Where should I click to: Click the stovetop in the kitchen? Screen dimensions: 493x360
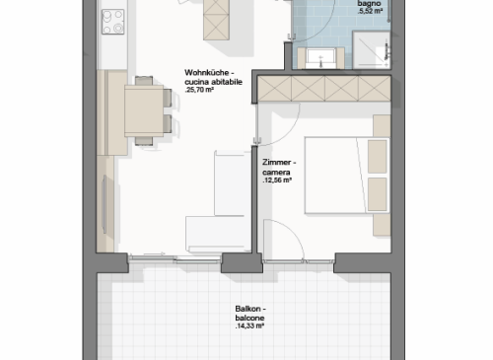pos(112,22)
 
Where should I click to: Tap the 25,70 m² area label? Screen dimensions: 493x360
pos(200,90)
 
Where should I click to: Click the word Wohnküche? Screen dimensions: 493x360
pos(207,73)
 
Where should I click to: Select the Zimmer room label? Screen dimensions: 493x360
pos(277,163)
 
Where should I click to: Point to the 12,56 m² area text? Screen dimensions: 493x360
pos(277,180)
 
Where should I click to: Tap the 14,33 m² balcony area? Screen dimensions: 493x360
pos(249,326)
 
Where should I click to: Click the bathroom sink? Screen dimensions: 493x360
pos(320,58)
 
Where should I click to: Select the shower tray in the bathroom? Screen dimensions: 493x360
pos(372,50)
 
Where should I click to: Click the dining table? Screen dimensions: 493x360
pos(144,110)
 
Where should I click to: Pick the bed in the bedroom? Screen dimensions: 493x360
pos(347,176)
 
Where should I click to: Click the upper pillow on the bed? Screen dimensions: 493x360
pos(377,157)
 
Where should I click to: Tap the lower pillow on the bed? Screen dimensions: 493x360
pos(377,194)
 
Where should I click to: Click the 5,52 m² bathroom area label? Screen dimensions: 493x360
pos(371,12)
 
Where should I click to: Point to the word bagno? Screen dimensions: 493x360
pos(369,4)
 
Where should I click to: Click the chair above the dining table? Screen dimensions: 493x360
pos(144,81)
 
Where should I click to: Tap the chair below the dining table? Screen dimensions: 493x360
pos(144,141)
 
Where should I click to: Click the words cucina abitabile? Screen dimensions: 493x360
pos(214,82)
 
